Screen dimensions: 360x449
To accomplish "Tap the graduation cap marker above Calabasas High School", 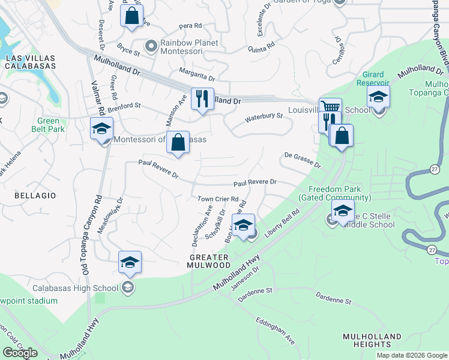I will (x=130, y=263).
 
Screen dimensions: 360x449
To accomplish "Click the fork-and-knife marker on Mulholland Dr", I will (x=202, y=99).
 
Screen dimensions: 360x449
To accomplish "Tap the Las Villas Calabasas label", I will (x=30, y=62).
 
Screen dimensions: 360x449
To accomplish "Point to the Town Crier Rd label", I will (x=218, y=199).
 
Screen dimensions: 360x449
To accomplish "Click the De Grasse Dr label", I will (x=303, y=159).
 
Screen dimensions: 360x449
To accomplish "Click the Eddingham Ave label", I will (x=276, y=331).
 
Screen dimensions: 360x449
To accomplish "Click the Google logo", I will (x=20, y=353).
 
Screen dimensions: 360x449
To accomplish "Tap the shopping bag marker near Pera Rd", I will (x=131, y=16).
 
